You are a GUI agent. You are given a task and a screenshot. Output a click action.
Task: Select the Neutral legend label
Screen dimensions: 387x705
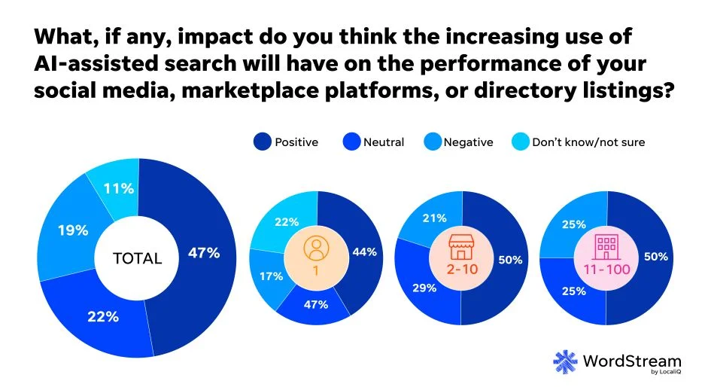[x=384, y=142]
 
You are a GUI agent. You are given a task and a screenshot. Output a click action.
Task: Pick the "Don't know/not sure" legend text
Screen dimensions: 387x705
[x=588, y=142]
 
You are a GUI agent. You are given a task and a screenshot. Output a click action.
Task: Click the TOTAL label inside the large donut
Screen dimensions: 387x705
[x=137, y=258]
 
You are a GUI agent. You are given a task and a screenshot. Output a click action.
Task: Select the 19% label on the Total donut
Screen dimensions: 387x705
[x=73, y=230]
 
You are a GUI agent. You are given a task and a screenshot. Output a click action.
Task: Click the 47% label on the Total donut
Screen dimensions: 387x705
[x=204, y=253]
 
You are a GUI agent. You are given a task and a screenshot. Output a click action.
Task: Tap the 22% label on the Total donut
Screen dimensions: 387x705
[x=104, y=316]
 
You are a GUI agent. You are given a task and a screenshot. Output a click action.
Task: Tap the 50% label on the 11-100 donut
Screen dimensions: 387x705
[x=655, y=257]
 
